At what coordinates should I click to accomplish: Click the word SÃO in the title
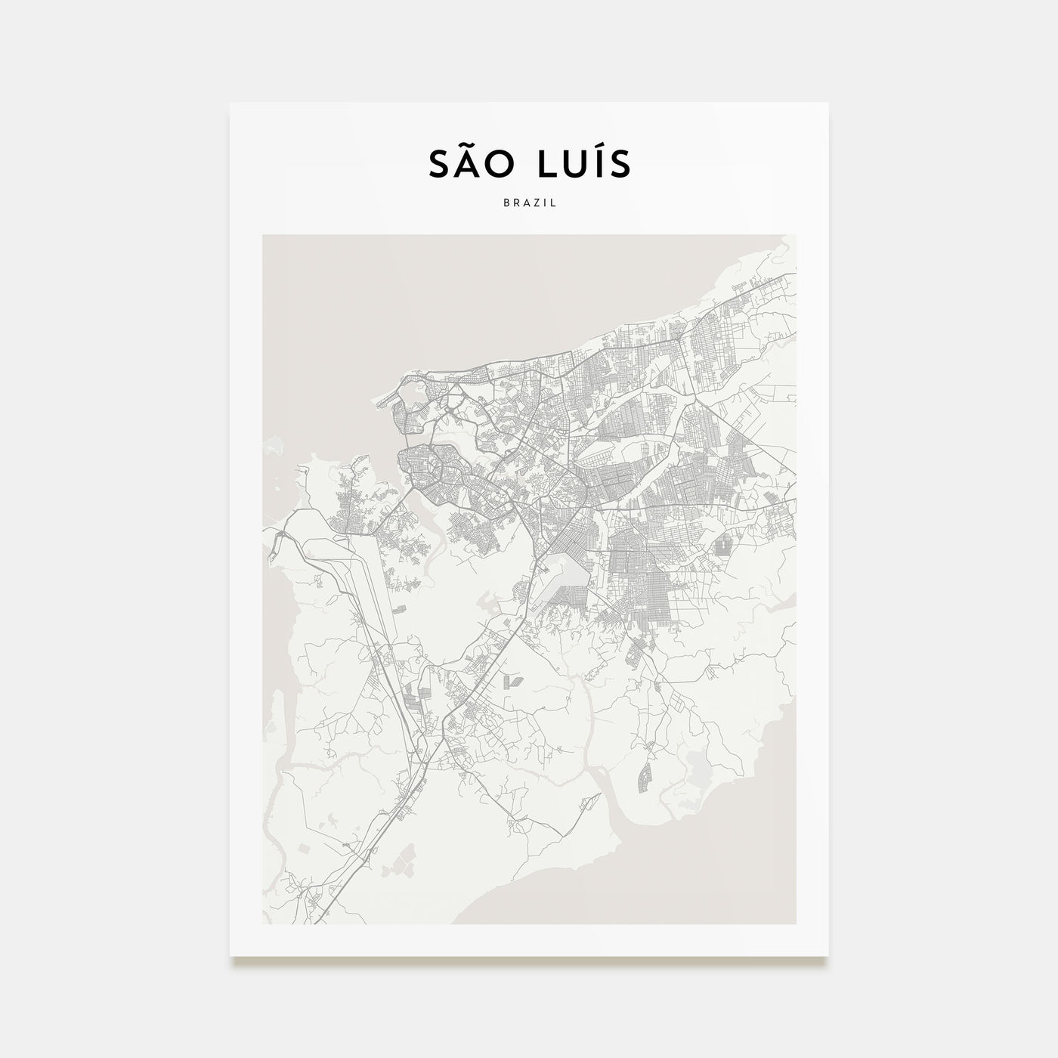[x=474, y=166]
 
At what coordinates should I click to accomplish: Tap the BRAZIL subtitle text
[x=529, y=203]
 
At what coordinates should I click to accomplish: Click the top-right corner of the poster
[x=828, y=104]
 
